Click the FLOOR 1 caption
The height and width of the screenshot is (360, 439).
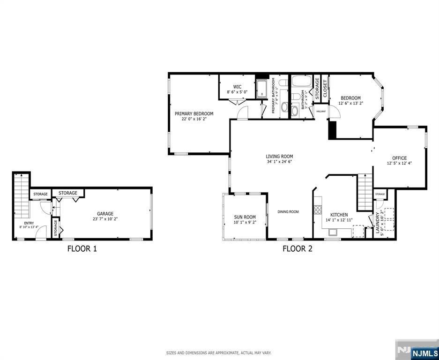point(82,249)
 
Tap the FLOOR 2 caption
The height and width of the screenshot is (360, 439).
point(297,249)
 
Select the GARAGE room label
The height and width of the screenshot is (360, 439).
point(105,214)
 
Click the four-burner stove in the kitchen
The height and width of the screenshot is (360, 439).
point(318,209)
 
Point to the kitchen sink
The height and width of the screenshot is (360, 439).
point(333,232)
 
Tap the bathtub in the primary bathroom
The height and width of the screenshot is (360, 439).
point(261,89)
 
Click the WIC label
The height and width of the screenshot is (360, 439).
point(237,87)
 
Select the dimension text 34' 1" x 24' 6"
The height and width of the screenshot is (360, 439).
point(279,162)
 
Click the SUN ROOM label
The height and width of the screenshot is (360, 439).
point(245,217)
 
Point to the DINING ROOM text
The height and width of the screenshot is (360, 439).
point(288,212)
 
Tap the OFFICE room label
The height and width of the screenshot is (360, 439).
point(399,158)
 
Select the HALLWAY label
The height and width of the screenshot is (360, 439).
point(321,111)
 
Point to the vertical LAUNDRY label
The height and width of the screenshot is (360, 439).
point(377,223)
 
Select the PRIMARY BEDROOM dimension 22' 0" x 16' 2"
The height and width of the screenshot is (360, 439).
point(194,119)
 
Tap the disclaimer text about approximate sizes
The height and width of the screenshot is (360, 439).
point(219,352)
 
